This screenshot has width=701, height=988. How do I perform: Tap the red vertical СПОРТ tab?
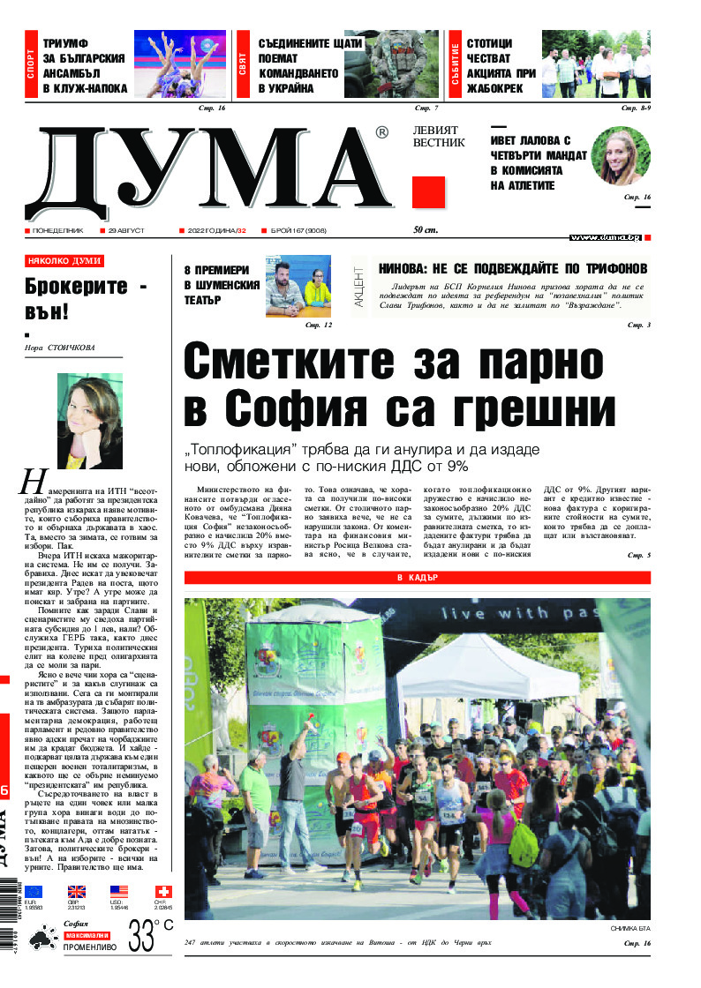(32, 64)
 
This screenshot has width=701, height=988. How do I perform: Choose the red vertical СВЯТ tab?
(242, 64)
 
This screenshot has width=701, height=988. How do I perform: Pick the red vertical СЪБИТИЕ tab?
(455, 64)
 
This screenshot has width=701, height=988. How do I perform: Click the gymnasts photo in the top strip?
(180, 64)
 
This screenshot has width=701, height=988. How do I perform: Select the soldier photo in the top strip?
(390, 64)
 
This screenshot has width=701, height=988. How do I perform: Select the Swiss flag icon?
(163, 892)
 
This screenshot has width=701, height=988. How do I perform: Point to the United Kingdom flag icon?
(77, 892)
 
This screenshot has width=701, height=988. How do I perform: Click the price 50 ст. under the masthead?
(426, 231)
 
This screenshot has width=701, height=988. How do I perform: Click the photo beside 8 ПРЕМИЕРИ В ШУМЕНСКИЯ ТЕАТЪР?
(298, 286)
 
